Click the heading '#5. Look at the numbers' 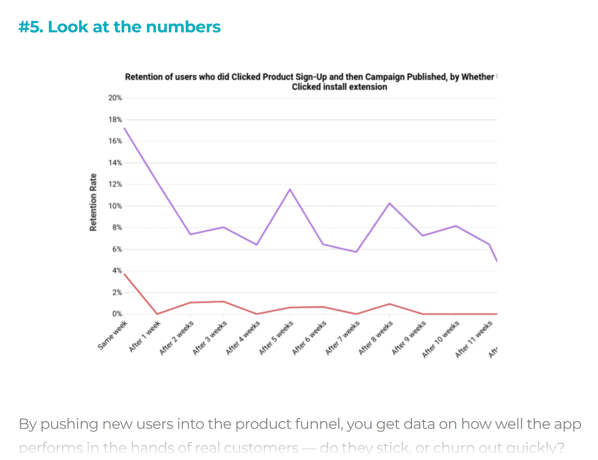pyautogui.click(x=119, y=27)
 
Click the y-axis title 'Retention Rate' pyautogui.click(x=93, y=202)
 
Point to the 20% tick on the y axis pyautogui.click(x=115, y=98)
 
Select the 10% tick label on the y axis pyautogui.click(x=115, y=206)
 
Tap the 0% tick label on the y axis pyautogui.click(x=117, y=314)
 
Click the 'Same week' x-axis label pyautogui.click(x=112, y=335)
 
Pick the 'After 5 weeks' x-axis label pyautogui.click(x=276, y=338)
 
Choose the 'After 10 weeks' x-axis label pyautogui.click(x=440, y=340)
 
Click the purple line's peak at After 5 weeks pyautogui.click(x=290, y=189)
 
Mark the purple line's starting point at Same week pyautogui.click(x=124, y=128)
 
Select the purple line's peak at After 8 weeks pyautogui.click(x=389, y=203)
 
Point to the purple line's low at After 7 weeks pyautogui.click(x=356, y=252)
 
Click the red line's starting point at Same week pyautogui.click(x=124, y=274)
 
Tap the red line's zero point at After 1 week pyautogui.click(x=157, y=314)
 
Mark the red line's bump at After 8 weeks pyautogui.click(x=389, y=304)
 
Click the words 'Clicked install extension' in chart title pyautogui.click(x=339, y=87)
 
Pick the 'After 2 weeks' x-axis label pyautogui.click(x=176, y=338)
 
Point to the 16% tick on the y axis pyautogui.click(x=115, y=141)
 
